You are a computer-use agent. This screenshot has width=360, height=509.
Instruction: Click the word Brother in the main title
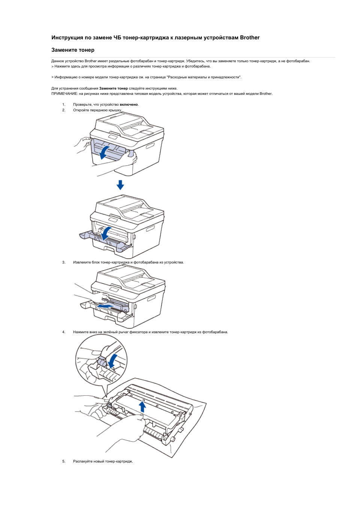250,37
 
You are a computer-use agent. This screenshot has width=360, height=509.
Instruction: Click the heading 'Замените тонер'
73,50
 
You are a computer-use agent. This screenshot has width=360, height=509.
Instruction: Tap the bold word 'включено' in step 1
129,105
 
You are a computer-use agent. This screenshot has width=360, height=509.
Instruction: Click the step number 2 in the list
64,110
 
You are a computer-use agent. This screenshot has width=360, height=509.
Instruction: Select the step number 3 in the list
64,262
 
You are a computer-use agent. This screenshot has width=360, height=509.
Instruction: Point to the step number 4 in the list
64,332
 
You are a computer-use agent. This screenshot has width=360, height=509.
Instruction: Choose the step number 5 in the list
64,461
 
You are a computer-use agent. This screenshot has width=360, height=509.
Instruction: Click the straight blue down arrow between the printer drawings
120,185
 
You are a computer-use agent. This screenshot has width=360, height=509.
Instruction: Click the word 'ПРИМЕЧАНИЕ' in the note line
64,94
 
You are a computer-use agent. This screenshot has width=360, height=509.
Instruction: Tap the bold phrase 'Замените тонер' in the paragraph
113,88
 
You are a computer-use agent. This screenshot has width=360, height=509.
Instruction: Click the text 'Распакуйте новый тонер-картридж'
103,461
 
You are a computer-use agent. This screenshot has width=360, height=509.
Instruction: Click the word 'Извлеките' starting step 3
81,262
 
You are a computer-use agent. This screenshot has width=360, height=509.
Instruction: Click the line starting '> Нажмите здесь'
131,66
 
